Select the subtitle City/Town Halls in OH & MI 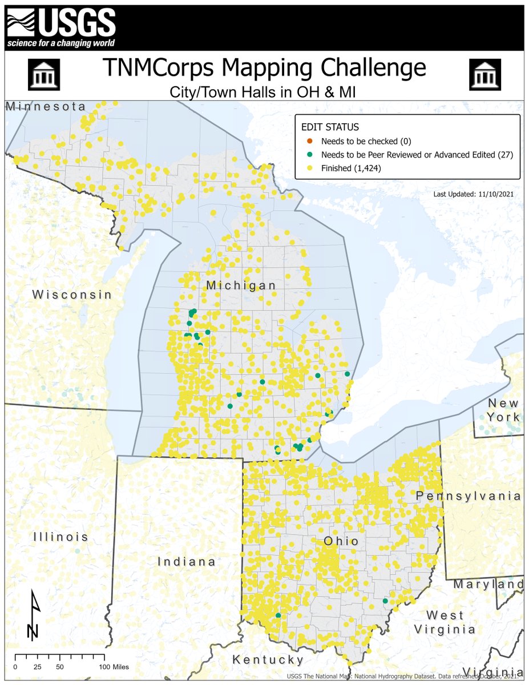(264, 91)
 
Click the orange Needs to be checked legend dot (309, 141)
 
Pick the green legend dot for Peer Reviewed (309, 155)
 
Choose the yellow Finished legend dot (309, 168)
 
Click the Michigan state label (241, 285)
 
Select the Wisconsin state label (72, 295)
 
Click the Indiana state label (187, 562)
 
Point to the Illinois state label (60, 537)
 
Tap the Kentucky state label (268, 660)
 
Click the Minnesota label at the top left (46, 107)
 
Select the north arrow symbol (34, 616)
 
